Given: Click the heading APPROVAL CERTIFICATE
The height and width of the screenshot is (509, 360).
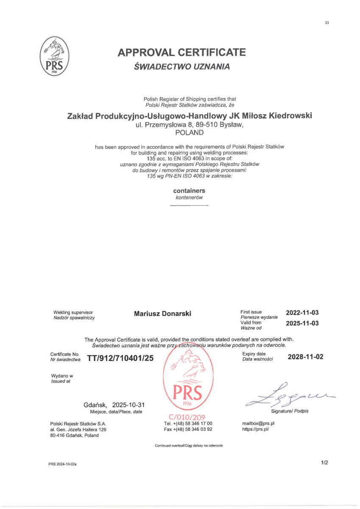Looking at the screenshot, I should pyautogui.click(x=181, y=53).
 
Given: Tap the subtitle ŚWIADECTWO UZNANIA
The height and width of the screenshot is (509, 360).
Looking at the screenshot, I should pyautogui.click(x=181, y=67).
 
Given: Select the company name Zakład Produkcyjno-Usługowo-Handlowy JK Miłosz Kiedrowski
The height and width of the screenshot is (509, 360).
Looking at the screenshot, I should pyautogui.click(x=187, y=116).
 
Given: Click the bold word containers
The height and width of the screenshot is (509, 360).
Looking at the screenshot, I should pyautogui.click(x=189, y=191).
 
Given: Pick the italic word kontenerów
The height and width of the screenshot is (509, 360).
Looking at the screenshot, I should pyautogui.click(x=189, y=198).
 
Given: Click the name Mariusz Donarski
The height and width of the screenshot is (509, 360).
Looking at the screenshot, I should pyautogui.click(x=162, y=314).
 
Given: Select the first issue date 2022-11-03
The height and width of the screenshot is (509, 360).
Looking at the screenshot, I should pyautogui.click(x=302, y=313).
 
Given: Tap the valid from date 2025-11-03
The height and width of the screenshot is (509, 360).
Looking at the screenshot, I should pyautogui.click(x=302, y=323).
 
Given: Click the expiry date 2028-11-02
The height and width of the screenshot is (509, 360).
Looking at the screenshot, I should pyautogui.click(x=305, y=357).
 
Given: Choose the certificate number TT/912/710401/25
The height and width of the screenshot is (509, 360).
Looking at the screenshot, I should pyautogui.click(x=120, y=358).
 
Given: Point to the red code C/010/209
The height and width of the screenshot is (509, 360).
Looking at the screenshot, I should pyautogui.click(x=187, y=417).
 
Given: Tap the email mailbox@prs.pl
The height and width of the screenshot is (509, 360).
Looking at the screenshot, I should pyautogui.click(x=258, y=423).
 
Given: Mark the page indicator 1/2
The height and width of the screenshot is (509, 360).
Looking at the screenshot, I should pyautogui.click(x=324, y=463).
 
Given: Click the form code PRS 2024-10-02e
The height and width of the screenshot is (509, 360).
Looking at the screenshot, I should pyautogui.click(x=62, y=464).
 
